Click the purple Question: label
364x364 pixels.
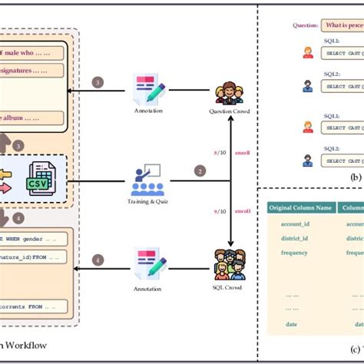click(305, 25)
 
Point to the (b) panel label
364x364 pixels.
click(356, 176)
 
